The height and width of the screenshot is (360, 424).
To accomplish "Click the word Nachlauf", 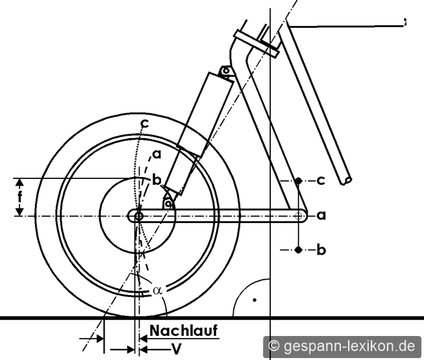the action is [x=184, y=331].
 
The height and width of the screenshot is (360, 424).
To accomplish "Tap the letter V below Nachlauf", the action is [x=177, y=349].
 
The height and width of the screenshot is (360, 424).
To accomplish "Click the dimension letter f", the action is [x=19, y=197].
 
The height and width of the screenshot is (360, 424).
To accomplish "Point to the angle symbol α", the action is [x=157, y=291].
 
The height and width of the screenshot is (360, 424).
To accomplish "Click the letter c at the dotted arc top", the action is [x=145, y=124].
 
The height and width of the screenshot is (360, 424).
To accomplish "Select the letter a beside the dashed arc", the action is [x=157, y=154].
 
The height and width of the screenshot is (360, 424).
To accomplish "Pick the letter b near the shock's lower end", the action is [x=157, y=180].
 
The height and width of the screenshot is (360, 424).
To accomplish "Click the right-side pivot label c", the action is [x=321, y=180].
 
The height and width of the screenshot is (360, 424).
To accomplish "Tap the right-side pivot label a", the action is [x=321, y=215].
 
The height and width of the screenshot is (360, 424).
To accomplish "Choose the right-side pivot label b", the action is [x=321, y=250].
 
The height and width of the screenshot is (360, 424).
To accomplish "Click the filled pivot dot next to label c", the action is [x=298, y=180].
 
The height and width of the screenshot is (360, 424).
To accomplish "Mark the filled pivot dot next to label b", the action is [x=298, y=250].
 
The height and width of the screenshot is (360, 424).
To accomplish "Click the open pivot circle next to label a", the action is [x=298, y=216].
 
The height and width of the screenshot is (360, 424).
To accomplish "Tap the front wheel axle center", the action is [x=139, y=216].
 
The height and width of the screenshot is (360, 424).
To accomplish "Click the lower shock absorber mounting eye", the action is [x=168, y=204].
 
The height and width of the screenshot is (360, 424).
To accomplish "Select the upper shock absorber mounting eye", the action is [x=226, y=71].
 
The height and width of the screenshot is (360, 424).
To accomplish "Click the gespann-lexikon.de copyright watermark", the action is [x=342, y=346].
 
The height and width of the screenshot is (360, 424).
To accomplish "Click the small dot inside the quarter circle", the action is [x=255, y=300].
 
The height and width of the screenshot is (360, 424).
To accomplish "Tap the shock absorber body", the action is [x=199, y=134].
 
